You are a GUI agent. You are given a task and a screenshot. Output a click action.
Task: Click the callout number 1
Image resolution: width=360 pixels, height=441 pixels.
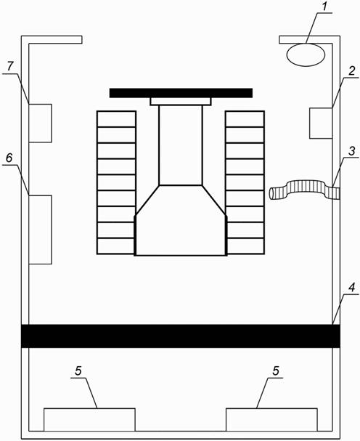click(x=324, y=7)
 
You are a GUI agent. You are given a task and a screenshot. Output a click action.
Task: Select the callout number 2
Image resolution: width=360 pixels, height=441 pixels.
click(x=352, y=71)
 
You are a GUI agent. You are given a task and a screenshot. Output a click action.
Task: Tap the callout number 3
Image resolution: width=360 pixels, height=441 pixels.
click(x=352, y=151)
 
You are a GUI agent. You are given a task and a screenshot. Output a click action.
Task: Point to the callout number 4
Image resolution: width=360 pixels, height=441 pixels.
click(x=352, y=288)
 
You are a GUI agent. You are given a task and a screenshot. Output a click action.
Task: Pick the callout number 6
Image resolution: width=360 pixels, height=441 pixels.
click(x=9, y=158)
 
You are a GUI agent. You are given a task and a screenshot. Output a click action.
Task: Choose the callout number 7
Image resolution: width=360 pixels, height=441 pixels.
click(x=10, y=66)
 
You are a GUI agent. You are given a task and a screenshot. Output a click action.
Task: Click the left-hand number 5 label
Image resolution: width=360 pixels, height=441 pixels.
click(x=78, y=371)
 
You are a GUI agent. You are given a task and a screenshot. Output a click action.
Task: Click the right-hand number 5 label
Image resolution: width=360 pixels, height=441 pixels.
click(x=276, y=371)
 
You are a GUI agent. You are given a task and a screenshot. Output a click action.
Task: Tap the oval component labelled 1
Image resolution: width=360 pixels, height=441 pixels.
click(x=306, y=54)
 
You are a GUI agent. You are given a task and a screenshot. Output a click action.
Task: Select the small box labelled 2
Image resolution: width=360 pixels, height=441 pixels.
click(x=321, y=124)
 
